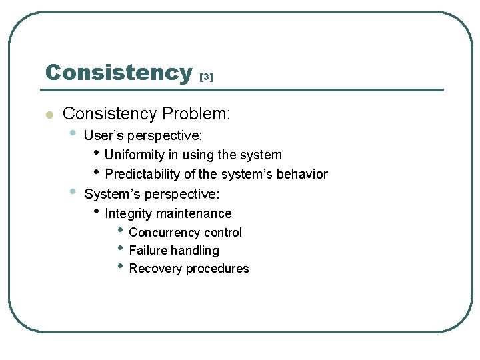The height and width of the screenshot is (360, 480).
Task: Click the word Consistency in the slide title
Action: point(119,73)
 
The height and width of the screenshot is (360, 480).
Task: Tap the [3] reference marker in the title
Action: point(207,77)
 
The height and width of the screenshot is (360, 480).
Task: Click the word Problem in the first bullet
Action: point(196,113)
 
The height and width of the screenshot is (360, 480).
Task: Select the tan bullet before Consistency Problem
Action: point(49,115)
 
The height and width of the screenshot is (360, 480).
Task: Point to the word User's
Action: point(104,135)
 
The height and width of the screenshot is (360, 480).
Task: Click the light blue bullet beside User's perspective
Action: point(73,133)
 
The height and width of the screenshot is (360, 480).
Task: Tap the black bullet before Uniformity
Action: point(97,152)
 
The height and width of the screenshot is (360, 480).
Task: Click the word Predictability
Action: point(143,174)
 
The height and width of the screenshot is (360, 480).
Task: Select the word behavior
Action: point(302,174)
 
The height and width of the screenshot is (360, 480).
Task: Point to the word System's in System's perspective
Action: point(112,194)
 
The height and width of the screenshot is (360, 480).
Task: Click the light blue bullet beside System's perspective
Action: point(73,191)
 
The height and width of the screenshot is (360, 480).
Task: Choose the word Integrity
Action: point(128,214)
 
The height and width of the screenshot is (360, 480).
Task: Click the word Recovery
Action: point(155,269)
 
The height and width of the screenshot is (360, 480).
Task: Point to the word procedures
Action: point(217,269)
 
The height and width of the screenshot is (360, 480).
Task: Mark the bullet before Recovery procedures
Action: point(120,266)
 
